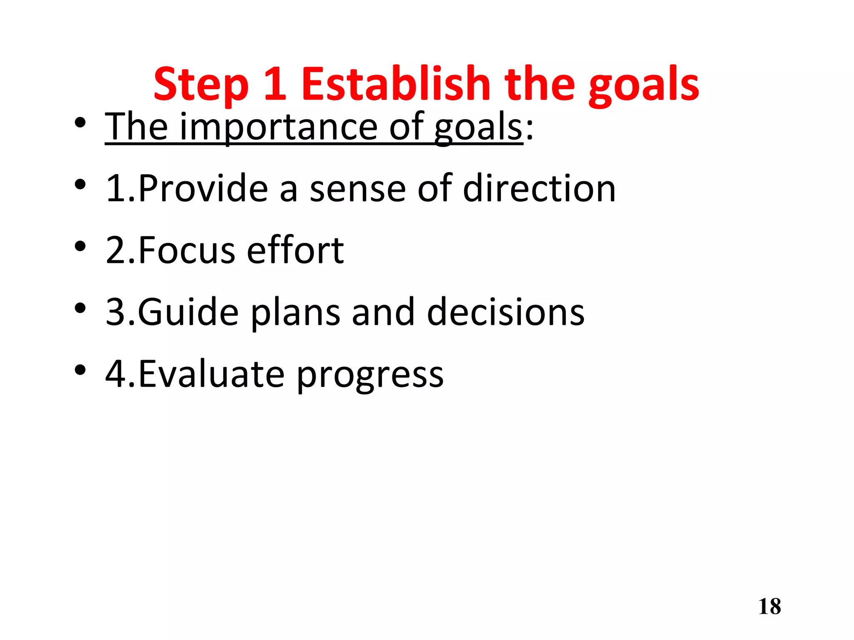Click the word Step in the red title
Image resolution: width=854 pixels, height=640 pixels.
click(201, 85)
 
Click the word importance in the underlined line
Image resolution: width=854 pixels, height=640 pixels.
click(279, 127)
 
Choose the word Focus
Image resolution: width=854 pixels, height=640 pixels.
click(186, 250)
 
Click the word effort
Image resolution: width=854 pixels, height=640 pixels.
click(295, 250)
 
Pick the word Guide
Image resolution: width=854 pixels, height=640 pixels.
click(188, 312)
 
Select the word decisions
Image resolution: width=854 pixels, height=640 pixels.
click(505, 312)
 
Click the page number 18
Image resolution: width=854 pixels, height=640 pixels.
click(769, 607)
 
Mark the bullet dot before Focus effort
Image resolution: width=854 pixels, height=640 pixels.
click(80, 246)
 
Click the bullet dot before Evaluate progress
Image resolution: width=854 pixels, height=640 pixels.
click(80, 370)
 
